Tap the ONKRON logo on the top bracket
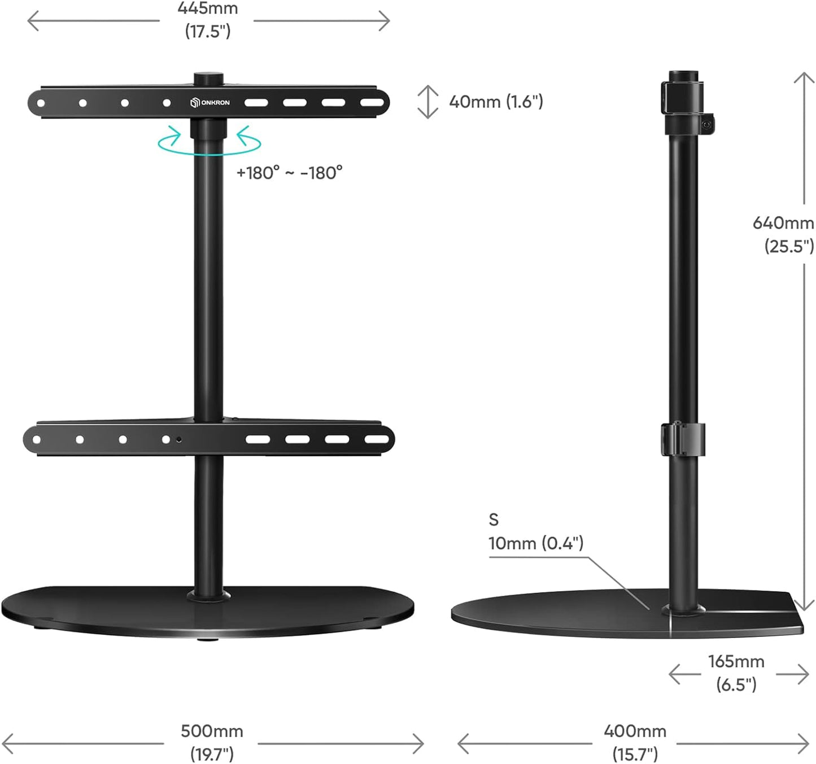point(210,103)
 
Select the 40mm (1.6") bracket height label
point(496,102)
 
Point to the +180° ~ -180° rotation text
point(289,173)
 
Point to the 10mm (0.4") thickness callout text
point(536,543)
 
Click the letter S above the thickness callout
point(494,519)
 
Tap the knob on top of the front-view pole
point(209,78)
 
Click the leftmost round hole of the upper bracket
point(41,103)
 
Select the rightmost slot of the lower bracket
point(376,439)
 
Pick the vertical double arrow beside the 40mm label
point(428,102)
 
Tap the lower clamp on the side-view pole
point(683,438)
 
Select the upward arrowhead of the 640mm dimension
point(804,77)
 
